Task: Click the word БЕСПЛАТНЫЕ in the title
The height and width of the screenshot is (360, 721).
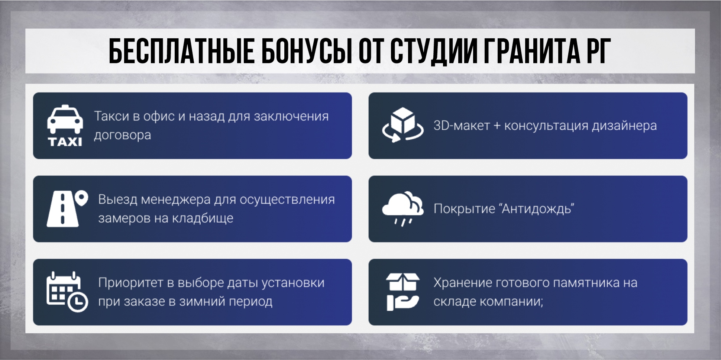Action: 181,51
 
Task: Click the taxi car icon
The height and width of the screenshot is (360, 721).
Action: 65,119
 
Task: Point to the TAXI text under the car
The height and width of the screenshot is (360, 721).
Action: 65,142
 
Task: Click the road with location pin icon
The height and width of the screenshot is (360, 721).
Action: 67,209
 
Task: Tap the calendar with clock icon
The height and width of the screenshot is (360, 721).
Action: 67,292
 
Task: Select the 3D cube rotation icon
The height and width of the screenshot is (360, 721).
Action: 403,125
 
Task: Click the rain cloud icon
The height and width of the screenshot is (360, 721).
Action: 403,208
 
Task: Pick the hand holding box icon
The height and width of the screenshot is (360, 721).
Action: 403,292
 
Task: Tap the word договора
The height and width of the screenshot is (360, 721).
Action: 123,135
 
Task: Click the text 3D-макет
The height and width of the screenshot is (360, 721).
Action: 462,126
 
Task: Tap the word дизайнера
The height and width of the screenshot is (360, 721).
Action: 624,126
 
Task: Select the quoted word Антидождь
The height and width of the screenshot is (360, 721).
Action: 537,209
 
